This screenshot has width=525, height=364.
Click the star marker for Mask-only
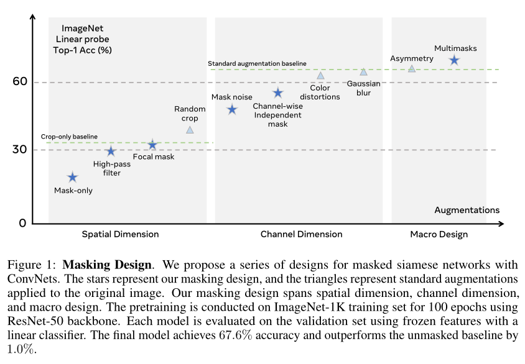(x=73, y=177)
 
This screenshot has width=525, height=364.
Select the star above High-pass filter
(x=111, y=151)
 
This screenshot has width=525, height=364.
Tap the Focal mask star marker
(x=152, y=144)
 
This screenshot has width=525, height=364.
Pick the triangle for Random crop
(x=190, y=129)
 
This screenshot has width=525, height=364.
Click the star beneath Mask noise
(x=232, y=109)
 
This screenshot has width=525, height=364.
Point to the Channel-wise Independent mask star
(x=278, y=93)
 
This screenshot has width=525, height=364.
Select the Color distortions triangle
(x=320, y=75)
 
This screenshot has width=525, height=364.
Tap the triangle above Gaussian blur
(x=364, y=71)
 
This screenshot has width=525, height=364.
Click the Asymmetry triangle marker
(x=412, y=68)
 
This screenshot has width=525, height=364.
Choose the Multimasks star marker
(x=454, y=60)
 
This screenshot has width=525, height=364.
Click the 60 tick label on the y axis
(x=20, y=81)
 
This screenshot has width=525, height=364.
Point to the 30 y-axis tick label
(x=20, y=149)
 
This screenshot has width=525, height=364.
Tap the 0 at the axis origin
(x=22, y=223)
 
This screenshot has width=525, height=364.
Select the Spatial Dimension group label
(x=121, y=234)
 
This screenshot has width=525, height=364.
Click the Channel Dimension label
(x=301, y=234)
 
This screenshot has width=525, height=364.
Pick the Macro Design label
(x=439, y=234)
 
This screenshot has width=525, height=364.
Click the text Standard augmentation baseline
(x=257, y=63)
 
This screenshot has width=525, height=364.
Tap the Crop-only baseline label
(x=69, y=137)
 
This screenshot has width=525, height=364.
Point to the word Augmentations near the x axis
(x=467, y=210)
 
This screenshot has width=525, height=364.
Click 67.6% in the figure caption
(x=235, y=335)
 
